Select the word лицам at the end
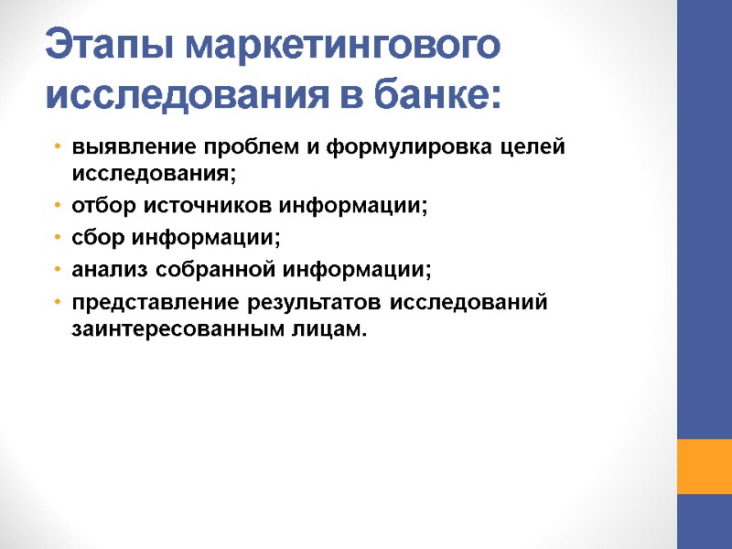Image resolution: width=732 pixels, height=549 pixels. [x=332, y=328]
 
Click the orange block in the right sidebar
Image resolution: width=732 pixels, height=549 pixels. [x=704, y=467]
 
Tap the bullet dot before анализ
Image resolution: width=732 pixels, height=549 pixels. [x=57, y=272]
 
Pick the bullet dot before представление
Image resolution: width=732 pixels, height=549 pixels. [x=57, y=304]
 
